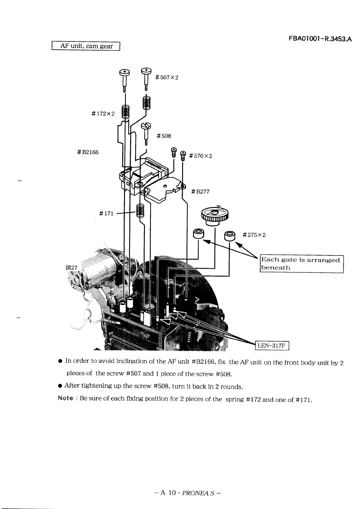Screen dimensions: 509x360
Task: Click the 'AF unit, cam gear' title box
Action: tap(86, 46)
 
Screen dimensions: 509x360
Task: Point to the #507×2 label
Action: tap(167, 77)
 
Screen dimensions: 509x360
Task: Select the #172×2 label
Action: tap(103, 114)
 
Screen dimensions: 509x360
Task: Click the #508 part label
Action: tap(164, 136)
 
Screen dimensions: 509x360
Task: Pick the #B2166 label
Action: tap(88, 152)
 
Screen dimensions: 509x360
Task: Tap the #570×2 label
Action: tap(200, 156)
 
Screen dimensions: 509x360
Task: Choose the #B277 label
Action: tap(200, 192)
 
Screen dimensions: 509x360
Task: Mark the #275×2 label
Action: tap(254, 235)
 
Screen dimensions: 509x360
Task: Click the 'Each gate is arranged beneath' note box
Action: tap(301, 264)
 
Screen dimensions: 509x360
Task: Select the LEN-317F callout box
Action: tap(272, 345)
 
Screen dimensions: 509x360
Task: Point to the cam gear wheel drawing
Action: tap(214, 215)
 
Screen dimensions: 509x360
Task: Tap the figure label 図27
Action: tap(72, 268)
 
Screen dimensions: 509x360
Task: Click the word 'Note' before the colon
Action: tap(65, 398)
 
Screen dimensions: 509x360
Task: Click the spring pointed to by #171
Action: tap(139, 210)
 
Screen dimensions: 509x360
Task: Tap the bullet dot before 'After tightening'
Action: tap(60, 386)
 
